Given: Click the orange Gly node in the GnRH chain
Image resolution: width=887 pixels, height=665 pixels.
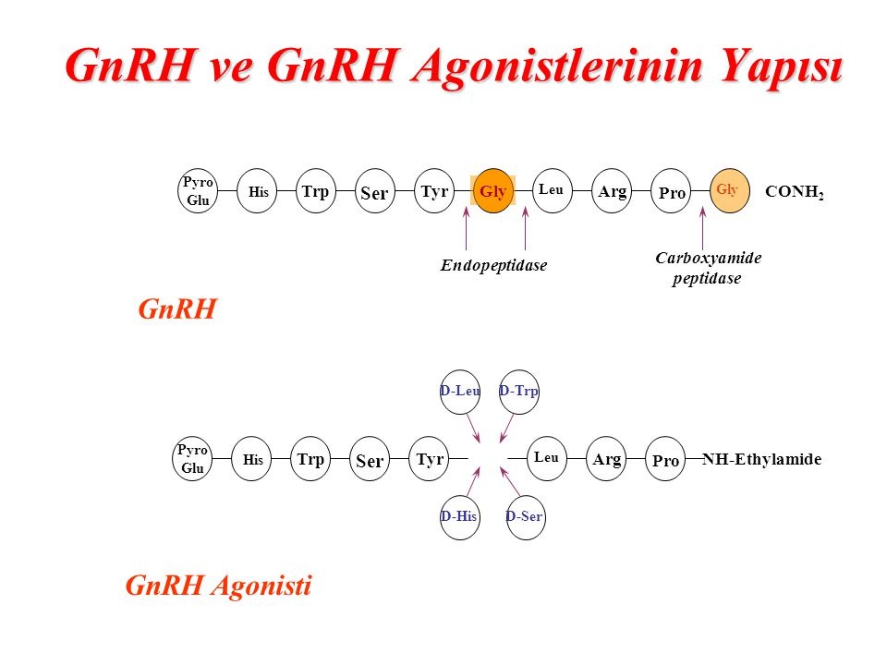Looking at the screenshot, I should (493, 192).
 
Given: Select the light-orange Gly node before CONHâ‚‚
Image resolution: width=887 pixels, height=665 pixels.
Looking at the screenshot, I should (727, 190).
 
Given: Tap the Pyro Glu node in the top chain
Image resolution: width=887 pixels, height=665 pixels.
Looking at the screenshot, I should (199, 192).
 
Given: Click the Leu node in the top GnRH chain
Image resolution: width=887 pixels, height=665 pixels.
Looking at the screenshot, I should (552, 190).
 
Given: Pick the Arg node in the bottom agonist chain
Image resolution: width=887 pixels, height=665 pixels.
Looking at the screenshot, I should (608, 460).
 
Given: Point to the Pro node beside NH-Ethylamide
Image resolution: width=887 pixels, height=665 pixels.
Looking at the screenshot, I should (666, 460).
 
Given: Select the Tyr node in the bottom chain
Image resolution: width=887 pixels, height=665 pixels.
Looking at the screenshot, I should (430, 460).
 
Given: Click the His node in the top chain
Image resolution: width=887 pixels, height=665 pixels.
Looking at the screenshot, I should (257, 192).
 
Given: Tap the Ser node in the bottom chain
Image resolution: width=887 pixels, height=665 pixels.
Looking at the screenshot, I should (370, 461).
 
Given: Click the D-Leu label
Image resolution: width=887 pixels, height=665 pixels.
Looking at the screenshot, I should (460, 391).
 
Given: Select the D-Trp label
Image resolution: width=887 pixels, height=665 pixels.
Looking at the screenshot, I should (518, 391).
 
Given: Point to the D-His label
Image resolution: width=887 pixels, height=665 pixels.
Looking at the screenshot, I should (458, 516).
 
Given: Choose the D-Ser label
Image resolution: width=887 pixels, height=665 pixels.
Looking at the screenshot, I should (524, 516).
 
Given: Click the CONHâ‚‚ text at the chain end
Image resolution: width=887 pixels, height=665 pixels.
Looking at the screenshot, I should (794, 193).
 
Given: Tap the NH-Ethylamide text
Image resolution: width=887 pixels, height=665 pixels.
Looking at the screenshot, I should (761, 459).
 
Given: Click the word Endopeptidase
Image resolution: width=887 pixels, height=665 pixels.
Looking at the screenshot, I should (493, 266).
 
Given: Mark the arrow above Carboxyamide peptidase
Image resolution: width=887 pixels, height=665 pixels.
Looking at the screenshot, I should (702, 228).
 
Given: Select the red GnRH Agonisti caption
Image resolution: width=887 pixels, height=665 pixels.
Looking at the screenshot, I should (218, 586).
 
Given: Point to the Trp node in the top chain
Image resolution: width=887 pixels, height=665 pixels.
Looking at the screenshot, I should (315, 192).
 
